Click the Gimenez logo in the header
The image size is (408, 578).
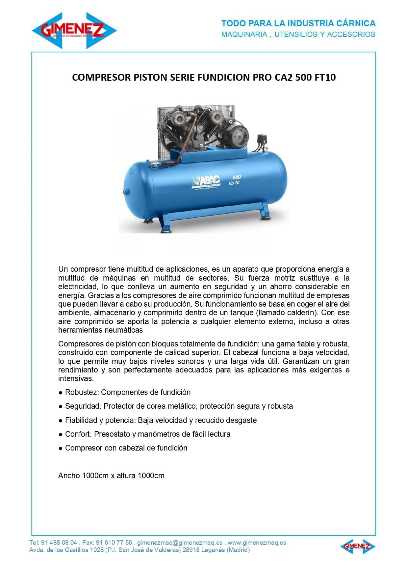coord(74,31)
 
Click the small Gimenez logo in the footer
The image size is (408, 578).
coord(358,546)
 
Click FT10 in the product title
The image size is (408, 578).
coord(325,77)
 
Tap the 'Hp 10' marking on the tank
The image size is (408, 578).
coord(234,183)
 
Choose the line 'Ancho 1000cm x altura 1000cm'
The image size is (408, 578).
coord(111,476)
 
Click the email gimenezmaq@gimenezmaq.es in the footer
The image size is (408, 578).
coord(180,543)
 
